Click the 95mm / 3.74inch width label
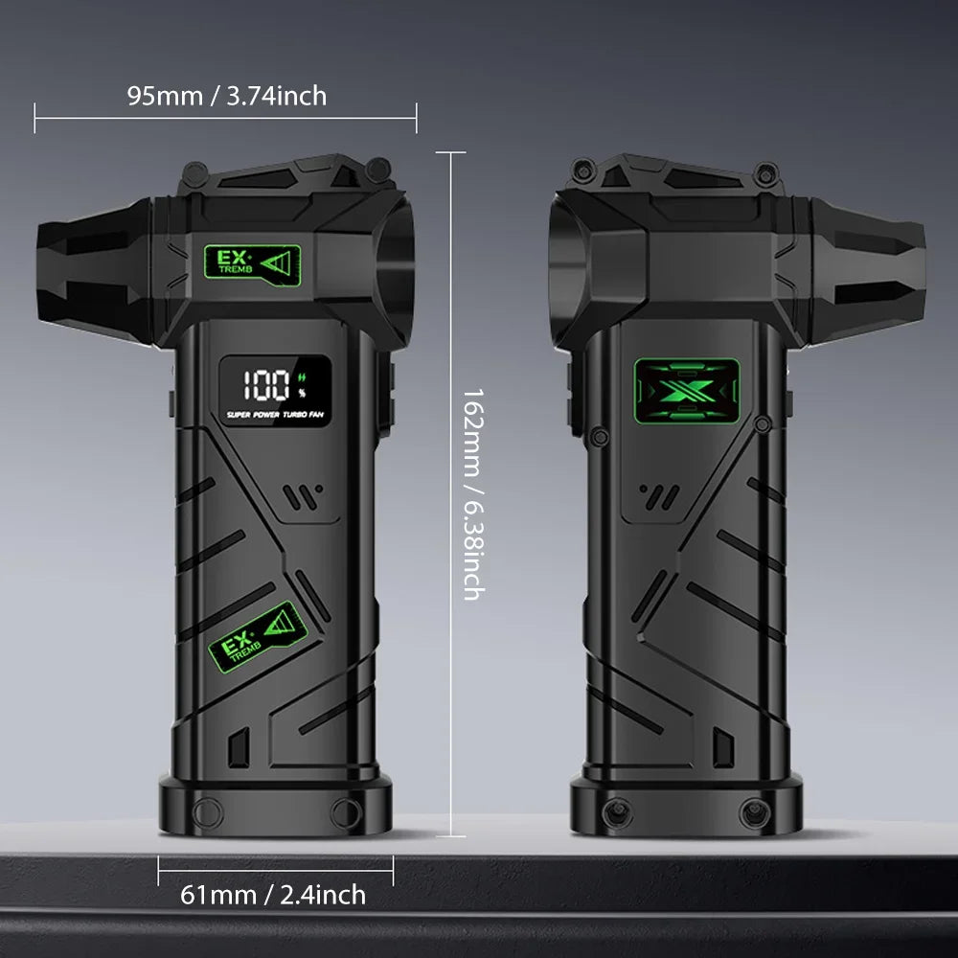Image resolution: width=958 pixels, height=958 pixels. [227, 96]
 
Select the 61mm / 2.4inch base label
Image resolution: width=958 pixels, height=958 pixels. [273, 895]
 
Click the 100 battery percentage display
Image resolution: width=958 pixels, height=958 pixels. [266, 385]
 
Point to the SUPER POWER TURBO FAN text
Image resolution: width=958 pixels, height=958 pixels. [275, 415]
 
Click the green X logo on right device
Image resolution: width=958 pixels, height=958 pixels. [687, 391]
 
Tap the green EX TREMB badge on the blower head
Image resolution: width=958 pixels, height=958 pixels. [252, 265]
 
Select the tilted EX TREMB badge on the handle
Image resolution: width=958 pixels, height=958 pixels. [258, 637]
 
